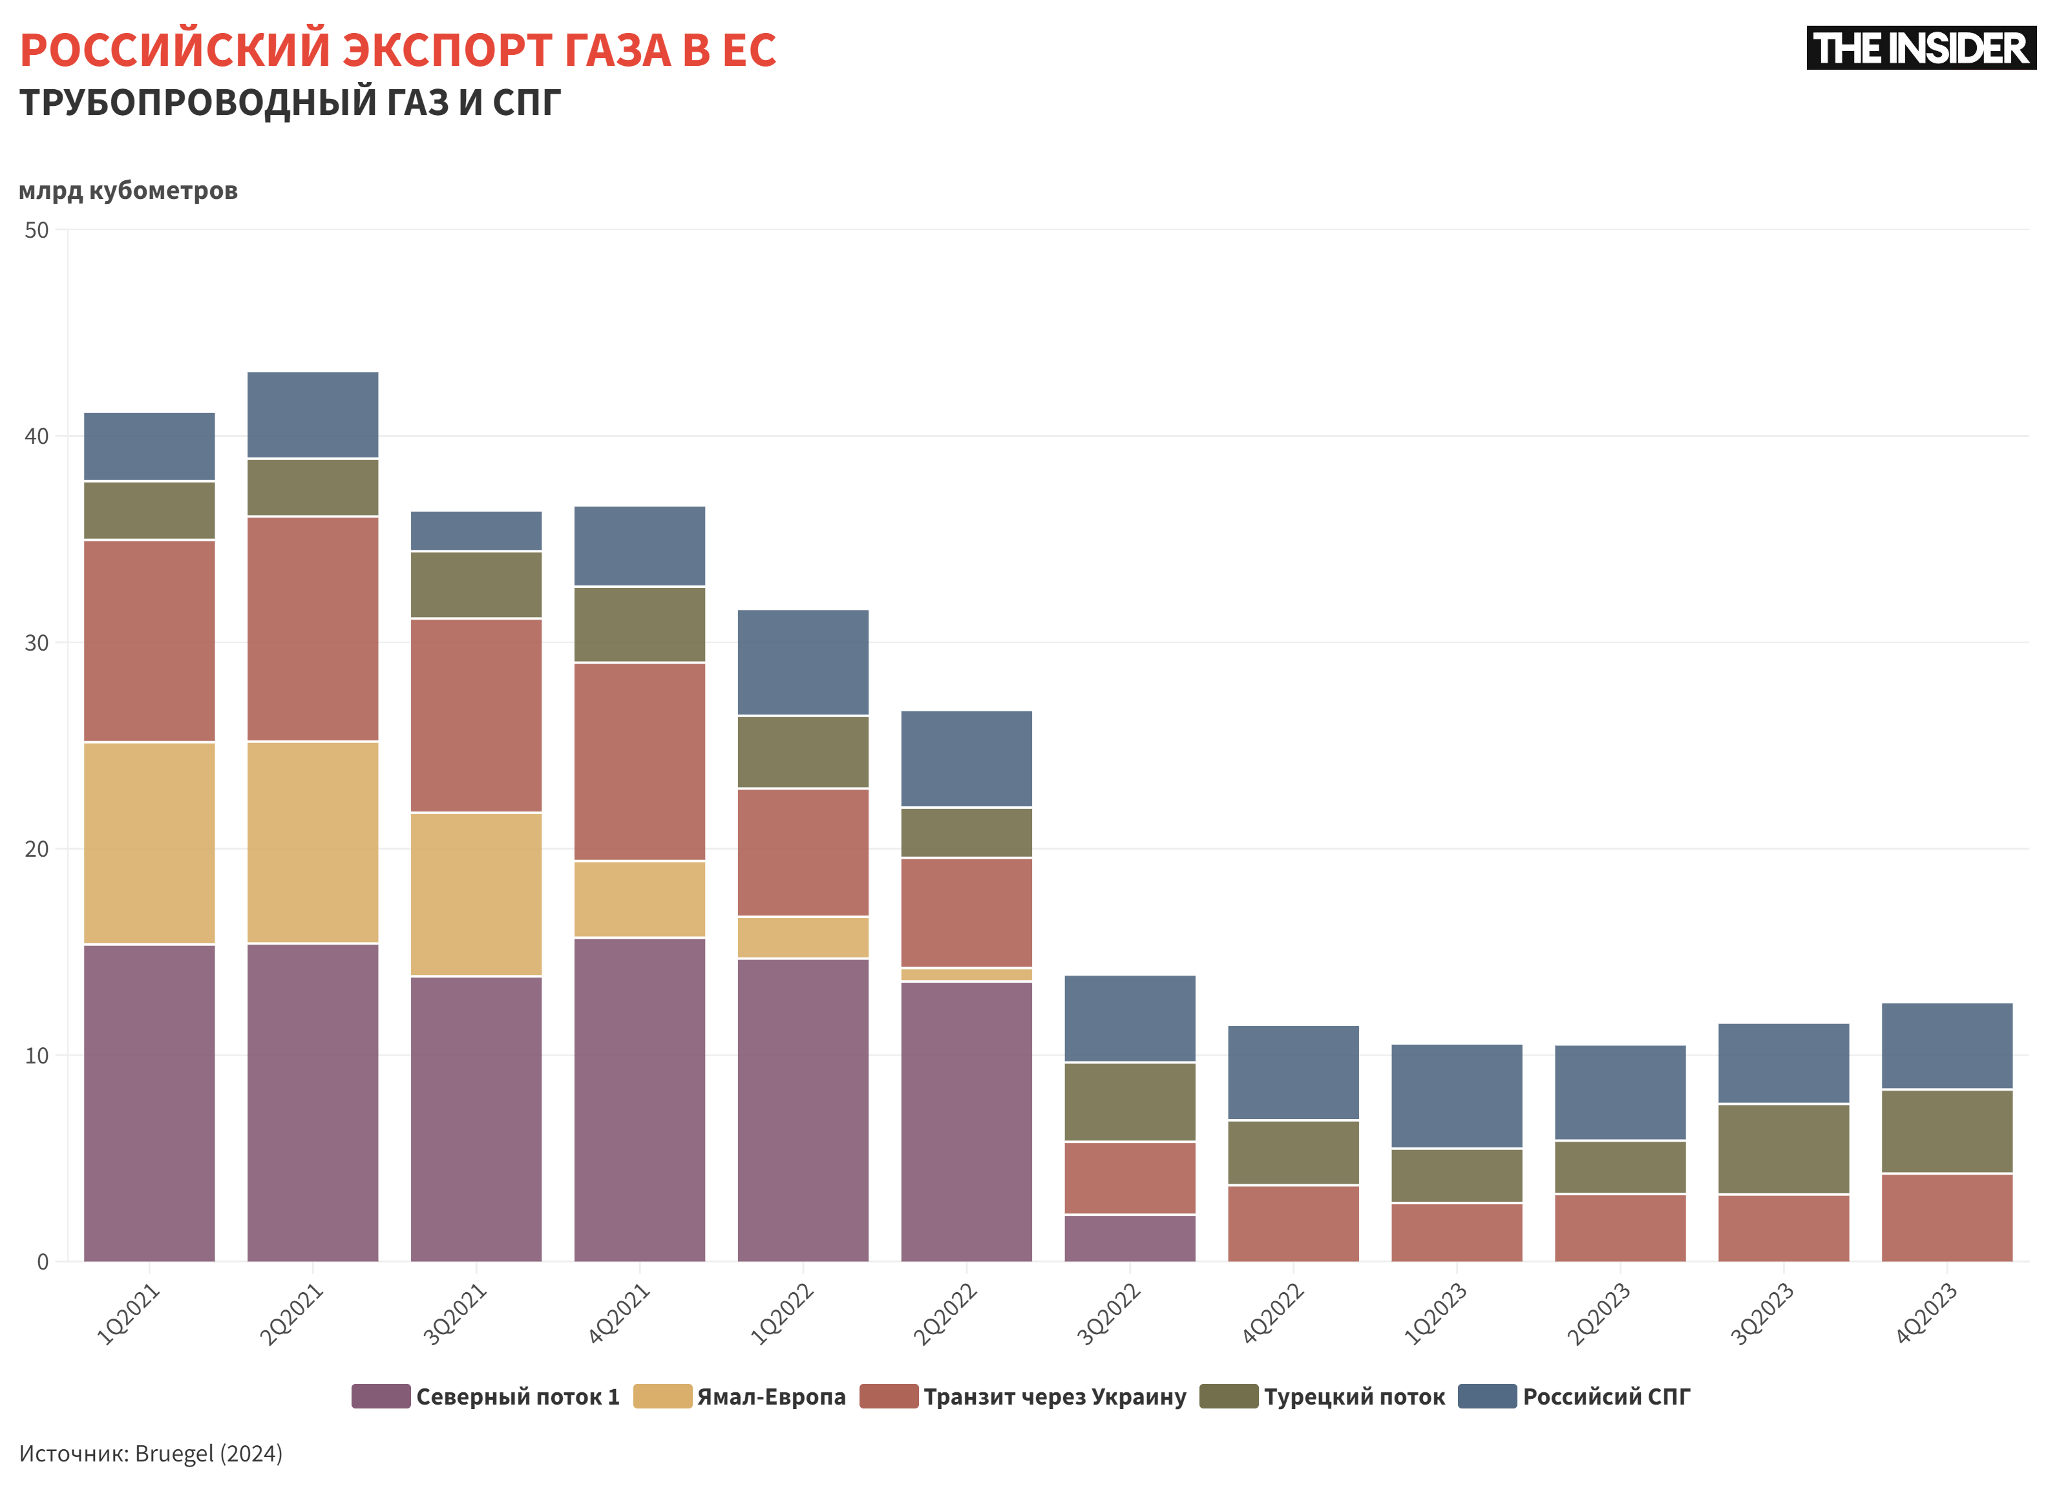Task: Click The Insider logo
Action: (1920, 48)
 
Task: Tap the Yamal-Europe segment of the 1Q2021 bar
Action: (149, 842)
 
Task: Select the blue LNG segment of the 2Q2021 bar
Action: (313, 415)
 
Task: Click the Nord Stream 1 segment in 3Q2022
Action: (1130, 1238)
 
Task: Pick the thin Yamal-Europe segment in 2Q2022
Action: (967, 974)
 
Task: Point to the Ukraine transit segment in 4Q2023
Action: (1947, 1217)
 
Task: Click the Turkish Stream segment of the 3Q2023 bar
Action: (1784, 1149)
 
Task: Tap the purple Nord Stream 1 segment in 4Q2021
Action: (639, 1098)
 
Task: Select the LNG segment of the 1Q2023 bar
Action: (1456, 1096)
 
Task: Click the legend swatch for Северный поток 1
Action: (380, 1396)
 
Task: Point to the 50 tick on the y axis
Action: (36, 231)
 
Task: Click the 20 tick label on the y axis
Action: (36, 849)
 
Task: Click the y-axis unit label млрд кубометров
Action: (128, 191)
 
